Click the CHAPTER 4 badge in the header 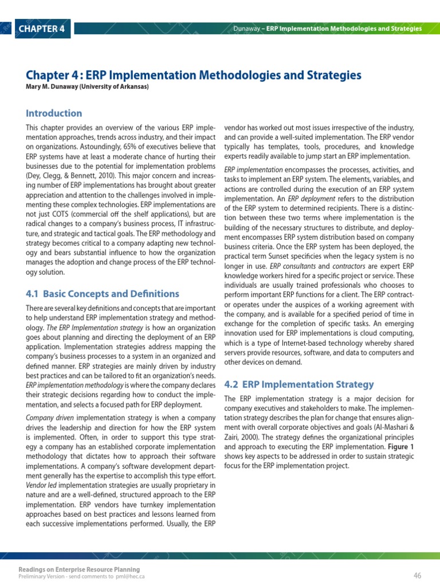tap(41, 29)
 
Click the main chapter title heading tap(194, 76)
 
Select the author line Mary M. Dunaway tap(87, 87)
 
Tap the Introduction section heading tap(54, 113)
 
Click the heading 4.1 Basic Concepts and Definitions tap(103, 294)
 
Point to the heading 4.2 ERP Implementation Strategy tap(298, 385)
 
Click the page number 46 tap(417, 575)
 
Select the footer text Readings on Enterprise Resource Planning tap(79, 569)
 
